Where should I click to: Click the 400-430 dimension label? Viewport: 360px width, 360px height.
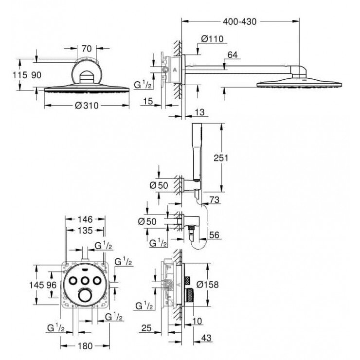(239, 21)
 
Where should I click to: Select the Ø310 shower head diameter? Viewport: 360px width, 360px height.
(88, 108)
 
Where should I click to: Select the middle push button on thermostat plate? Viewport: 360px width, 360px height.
(86, 281)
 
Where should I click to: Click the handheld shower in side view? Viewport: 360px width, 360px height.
(197, 151)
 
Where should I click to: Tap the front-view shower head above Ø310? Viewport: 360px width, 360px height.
(88, 90)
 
